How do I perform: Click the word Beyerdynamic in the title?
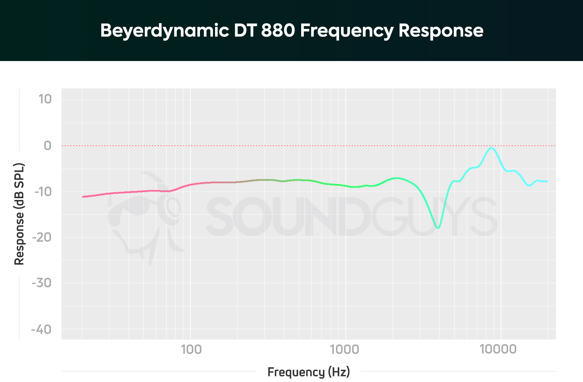[164, 31]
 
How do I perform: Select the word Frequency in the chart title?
[347, 31]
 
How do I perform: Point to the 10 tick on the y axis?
[45, 99]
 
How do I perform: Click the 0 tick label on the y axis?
[47, 146]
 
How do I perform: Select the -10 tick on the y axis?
[43, 192]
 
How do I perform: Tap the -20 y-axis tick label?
[42, 237]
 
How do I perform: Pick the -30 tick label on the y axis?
[41, 283]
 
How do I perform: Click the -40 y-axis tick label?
[41, 329]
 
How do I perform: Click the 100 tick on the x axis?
[191, 349]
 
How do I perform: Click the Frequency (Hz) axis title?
[309, 372]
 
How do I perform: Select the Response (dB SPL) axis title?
[19, 214]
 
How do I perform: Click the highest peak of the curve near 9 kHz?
[492, 148]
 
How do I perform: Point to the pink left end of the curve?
[83, 196]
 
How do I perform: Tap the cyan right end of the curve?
[547, 181]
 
